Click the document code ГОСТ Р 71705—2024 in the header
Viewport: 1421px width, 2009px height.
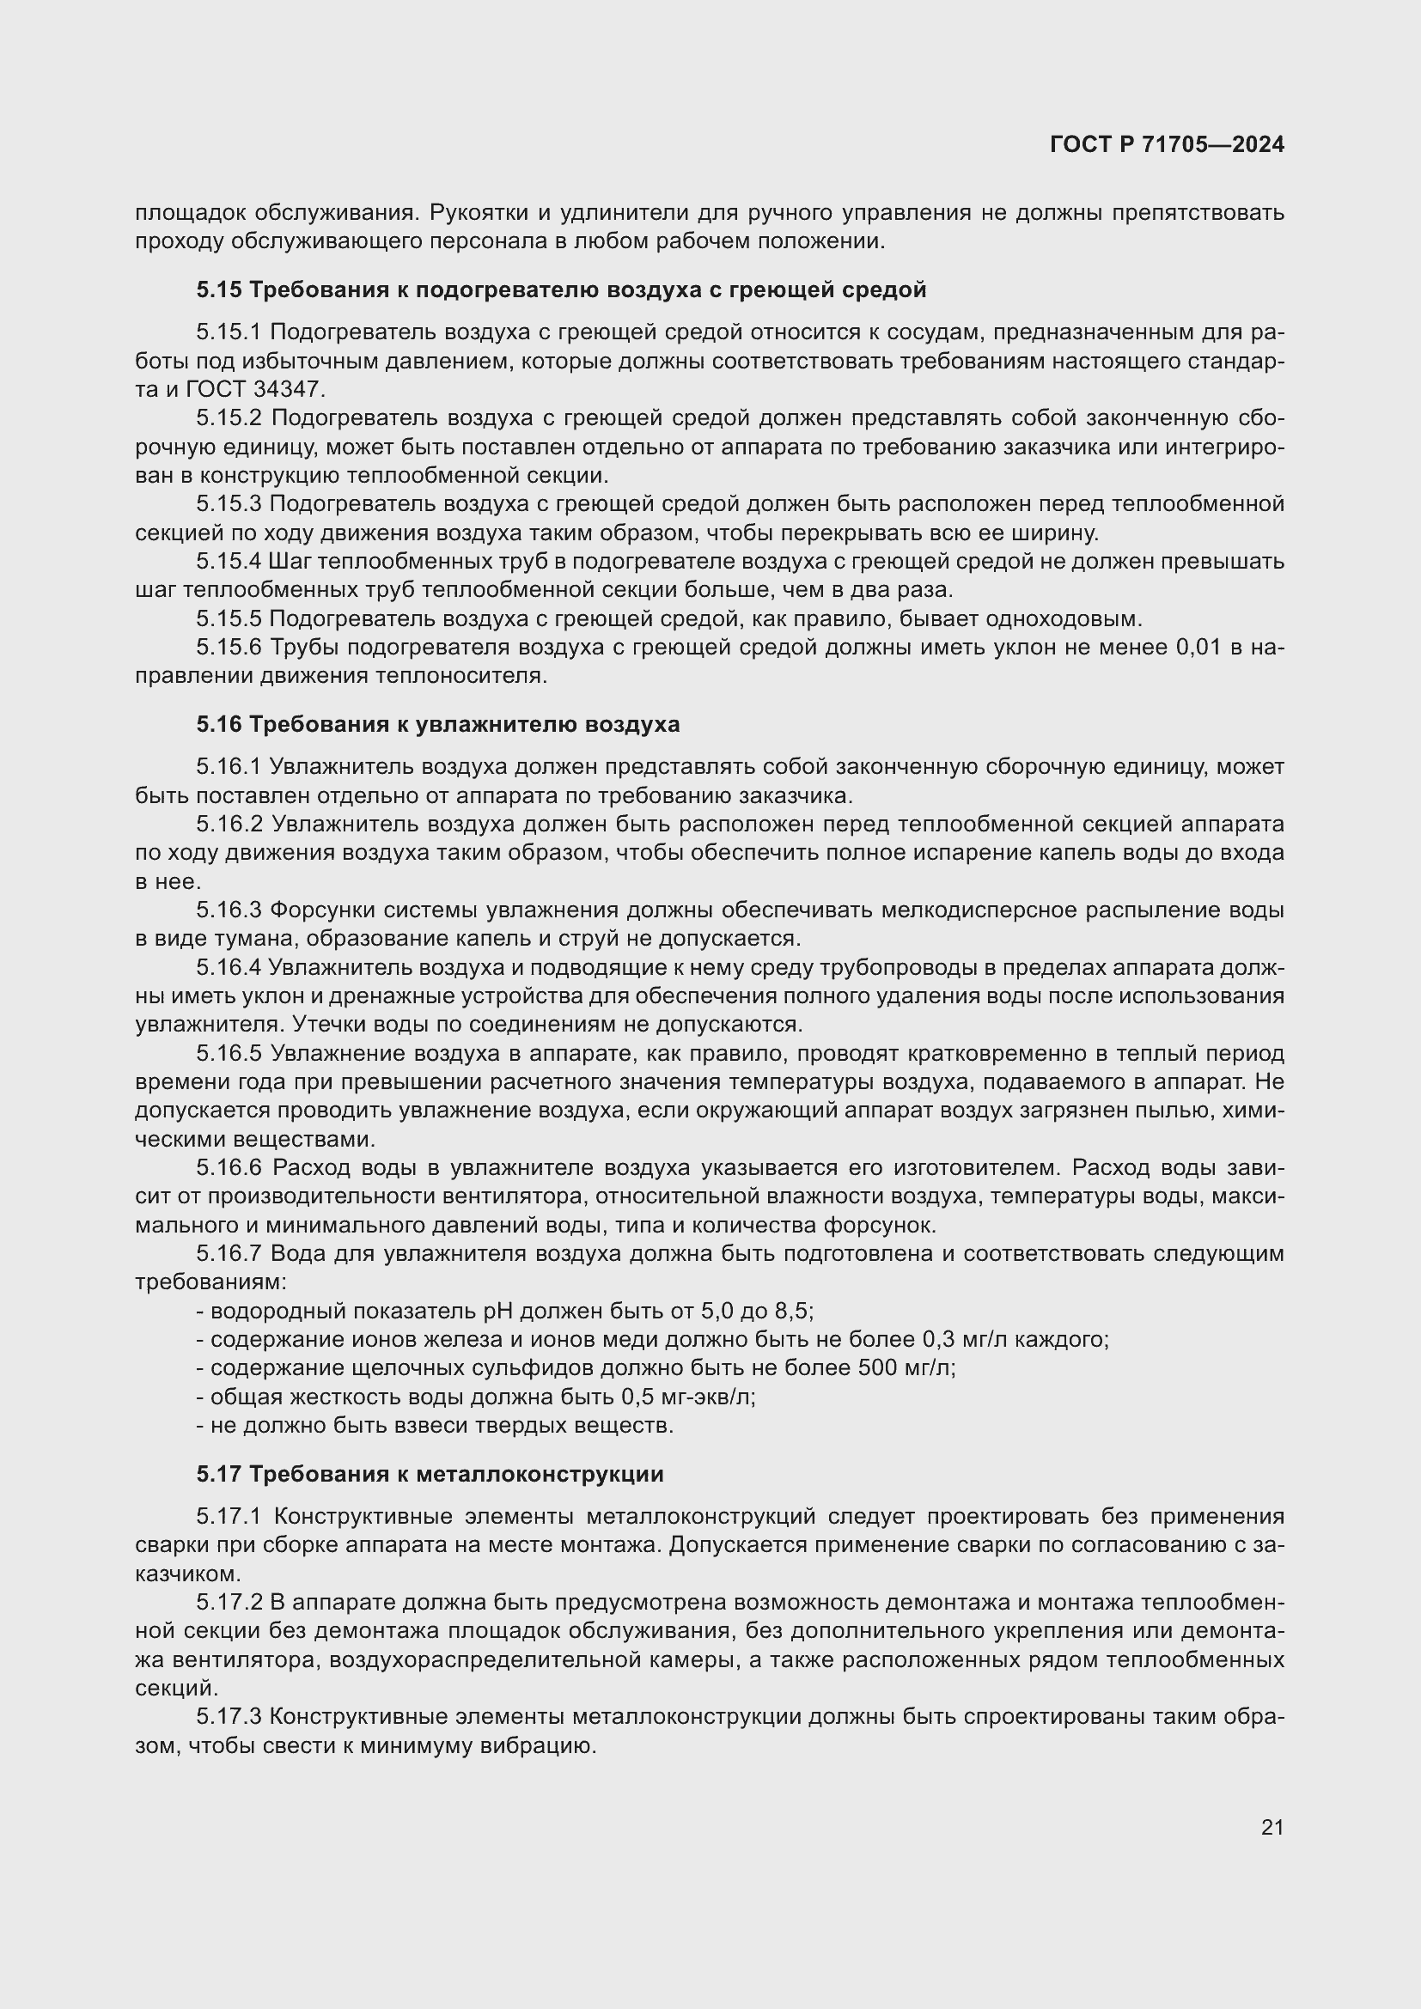(1167, 144)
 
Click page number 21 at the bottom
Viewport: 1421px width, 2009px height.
(1272, 1827)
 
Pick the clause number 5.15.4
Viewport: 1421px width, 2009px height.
(229, 561)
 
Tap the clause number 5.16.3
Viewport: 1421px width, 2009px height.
(229, 910)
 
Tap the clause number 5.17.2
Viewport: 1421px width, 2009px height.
(229, 1602)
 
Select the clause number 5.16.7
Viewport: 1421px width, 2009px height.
(229, 1254)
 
